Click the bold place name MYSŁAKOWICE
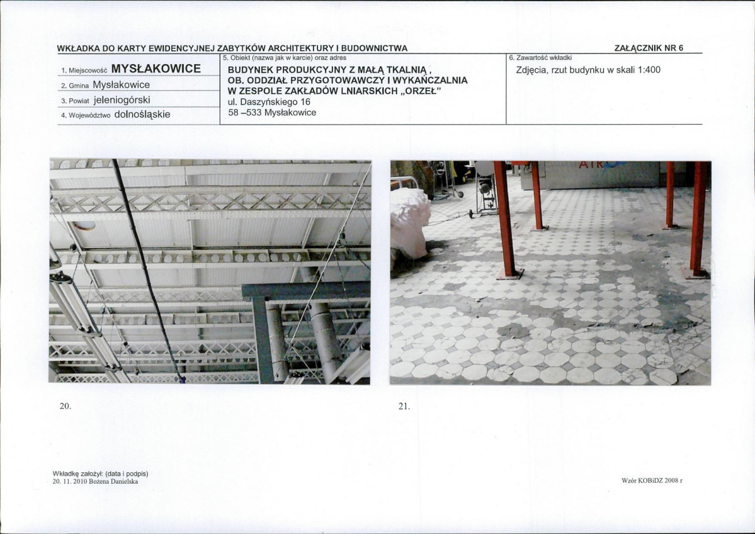(156, 69)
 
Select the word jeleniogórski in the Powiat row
(122, 99)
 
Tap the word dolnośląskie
(142, 115)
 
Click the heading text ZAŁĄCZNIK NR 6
(649, 48)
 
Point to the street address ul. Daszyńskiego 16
(269, 101)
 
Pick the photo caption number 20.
(65, 406)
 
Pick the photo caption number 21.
(404, 406)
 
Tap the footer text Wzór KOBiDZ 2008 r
(652, 480)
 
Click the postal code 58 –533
(244, 113)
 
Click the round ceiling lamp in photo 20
(85, 225)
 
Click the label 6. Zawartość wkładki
(540, 58)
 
